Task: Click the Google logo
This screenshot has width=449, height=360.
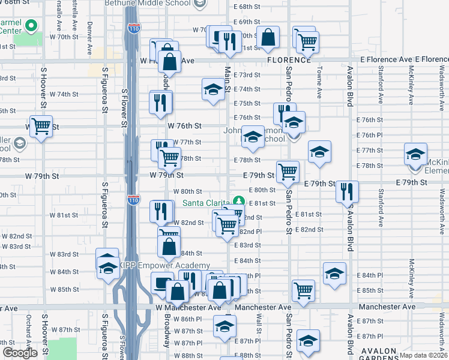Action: [x=20, y=353]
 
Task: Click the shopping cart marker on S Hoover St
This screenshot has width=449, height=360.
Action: [x=41, y=127]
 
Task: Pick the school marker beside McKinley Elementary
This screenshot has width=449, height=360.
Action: [x=415, y=154]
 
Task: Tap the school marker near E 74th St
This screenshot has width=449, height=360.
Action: [x=213, y=89]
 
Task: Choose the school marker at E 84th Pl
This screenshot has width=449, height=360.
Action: [x=334, y=273]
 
